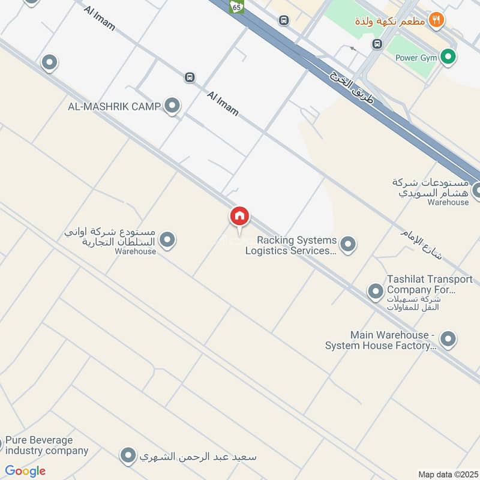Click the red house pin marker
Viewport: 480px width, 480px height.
pos(239,216)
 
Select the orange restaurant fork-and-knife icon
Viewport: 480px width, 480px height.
pos(436,20)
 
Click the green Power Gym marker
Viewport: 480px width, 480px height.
pos(447,58)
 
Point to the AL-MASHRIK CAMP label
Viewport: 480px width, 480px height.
pos(114,107)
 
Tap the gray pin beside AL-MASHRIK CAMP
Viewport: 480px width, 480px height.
pos(172,106)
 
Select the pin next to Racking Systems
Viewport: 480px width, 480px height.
pos(347,244)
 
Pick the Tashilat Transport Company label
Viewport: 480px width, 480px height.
pos(421,284)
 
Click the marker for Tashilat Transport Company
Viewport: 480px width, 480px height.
pos(376,292)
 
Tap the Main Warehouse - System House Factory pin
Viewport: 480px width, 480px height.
pos(448,340)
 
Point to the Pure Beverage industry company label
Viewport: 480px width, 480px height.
pos(47,445)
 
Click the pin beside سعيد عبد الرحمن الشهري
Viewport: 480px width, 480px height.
pos(127,456)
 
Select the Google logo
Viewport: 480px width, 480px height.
pos(25,471)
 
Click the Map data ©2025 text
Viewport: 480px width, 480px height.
pos(447,474)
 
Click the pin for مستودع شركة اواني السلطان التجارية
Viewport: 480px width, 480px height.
pos(168,240)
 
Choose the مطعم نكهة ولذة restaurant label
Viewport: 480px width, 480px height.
pos(390,21)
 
